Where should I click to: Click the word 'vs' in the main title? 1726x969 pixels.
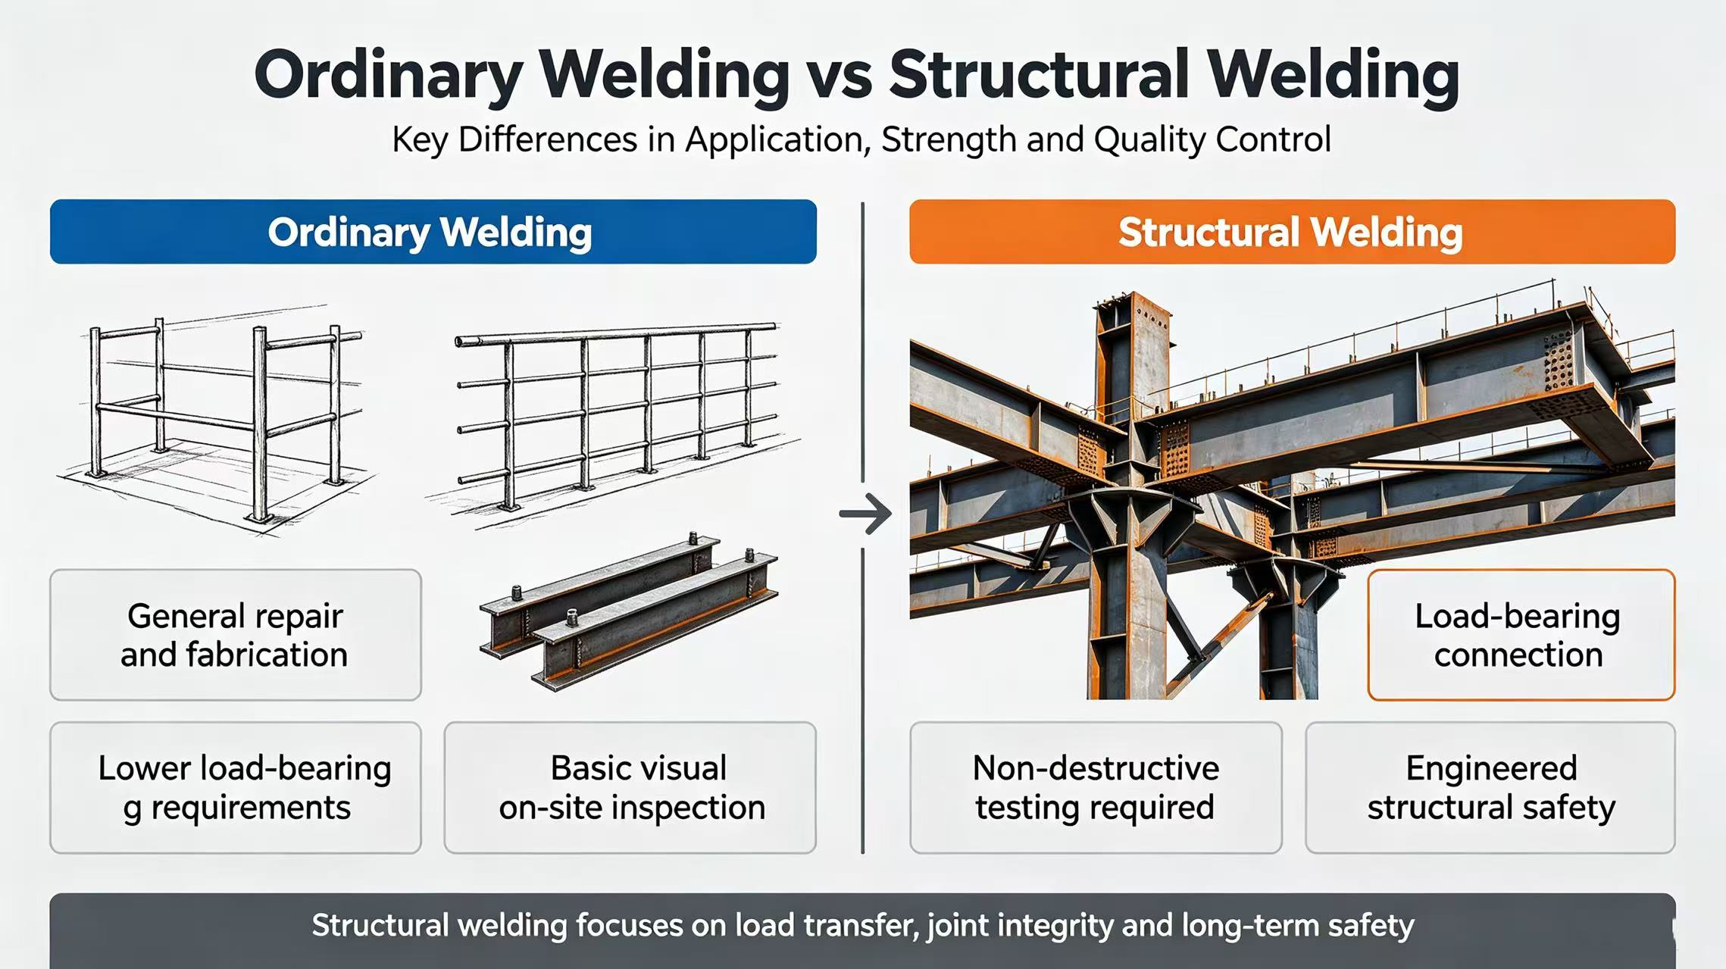click(839, 76)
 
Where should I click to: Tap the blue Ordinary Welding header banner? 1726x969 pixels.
click(433, 232)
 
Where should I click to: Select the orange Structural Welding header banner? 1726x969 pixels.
click(1292, 232)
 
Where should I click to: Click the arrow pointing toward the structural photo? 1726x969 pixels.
click(865, 514)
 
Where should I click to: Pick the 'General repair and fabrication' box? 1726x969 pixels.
click(236, 635)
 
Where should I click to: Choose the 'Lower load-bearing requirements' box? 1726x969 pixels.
click(236, 788)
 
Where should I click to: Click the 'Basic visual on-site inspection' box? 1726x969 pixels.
click(630, 788)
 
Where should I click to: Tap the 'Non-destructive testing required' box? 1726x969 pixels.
click(1096, 788)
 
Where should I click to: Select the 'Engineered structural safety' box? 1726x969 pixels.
click(1490, 788)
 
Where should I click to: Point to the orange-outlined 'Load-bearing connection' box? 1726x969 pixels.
click(1521, 635)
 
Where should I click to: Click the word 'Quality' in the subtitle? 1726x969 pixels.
click(1150, 140)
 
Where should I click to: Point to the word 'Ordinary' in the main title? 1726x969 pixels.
click(388, 76)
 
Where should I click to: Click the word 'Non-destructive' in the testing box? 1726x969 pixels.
click(1096, 768)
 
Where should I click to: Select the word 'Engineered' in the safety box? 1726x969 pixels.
click(1491, 769)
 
